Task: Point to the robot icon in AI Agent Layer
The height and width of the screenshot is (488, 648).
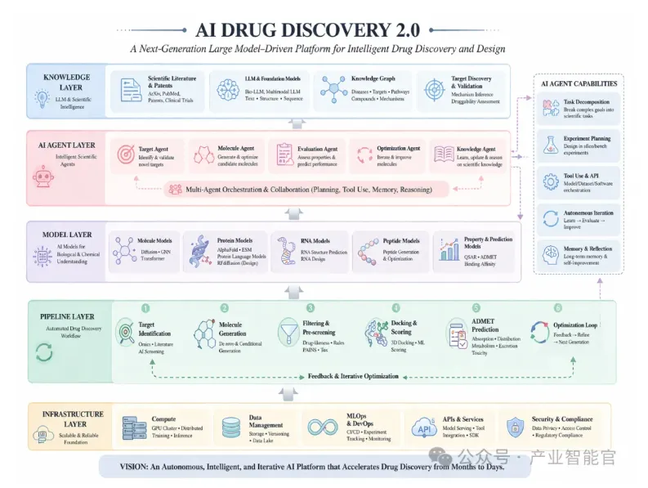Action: coord(42,177)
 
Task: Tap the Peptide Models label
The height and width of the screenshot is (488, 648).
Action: coord(400,241)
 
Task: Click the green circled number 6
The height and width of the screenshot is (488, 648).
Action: coord(558,308)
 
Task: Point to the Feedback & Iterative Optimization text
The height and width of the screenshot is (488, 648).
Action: coord(353,376)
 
